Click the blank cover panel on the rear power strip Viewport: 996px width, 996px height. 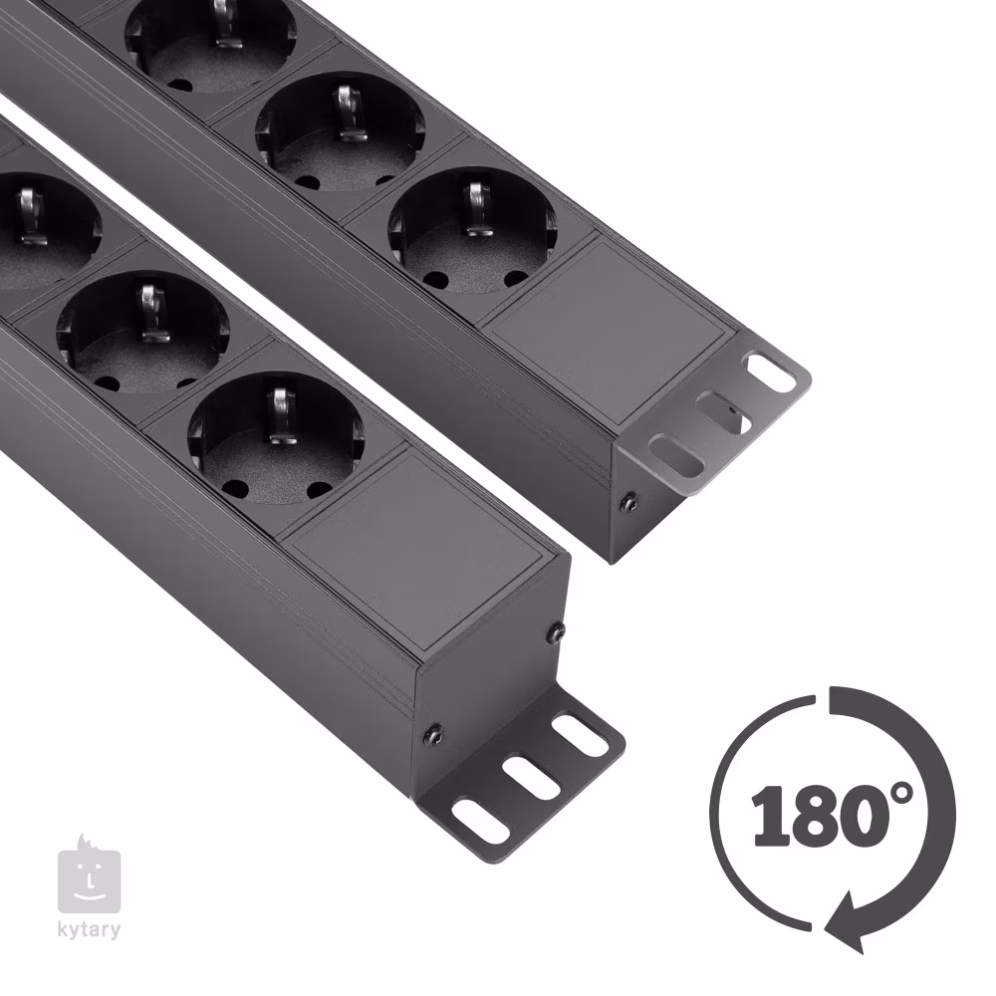tap(609, 332)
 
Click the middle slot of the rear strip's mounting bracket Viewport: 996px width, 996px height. tap(723, 411)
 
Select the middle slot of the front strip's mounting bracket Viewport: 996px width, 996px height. tap(532, 776)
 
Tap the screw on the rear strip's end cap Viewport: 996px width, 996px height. tap(628, 503)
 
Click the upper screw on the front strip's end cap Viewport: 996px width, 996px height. tap(557, 632)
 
